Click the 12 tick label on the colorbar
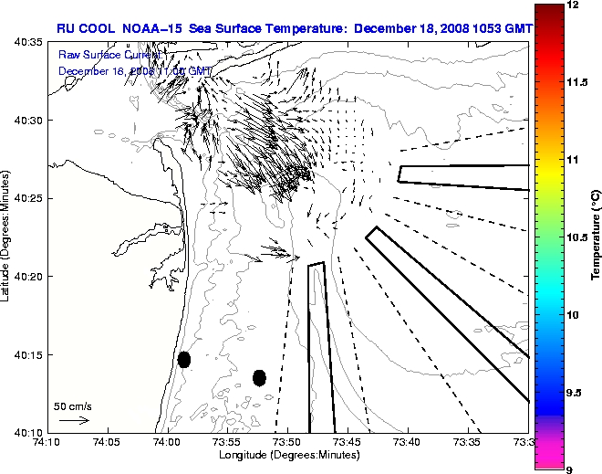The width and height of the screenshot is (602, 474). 576,5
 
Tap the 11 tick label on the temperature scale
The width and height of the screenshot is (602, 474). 576,160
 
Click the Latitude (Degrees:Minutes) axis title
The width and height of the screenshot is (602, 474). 6,237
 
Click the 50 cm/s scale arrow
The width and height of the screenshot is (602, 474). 73,420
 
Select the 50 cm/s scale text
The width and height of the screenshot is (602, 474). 73,406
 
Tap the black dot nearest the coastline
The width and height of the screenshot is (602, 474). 184,359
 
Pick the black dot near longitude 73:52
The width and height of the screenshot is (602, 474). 259,377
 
